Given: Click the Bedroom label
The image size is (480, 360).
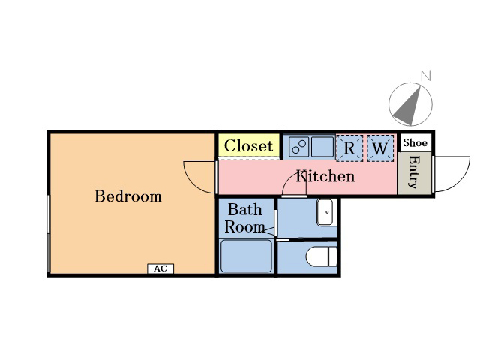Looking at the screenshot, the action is [x=128, y=196].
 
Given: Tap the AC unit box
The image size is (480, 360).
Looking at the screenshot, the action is [x=160, y=268].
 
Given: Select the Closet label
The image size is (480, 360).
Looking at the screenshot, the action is [x=248, y=145].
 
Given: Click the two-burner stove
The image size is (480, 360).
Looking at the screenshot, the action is [x=299, y=147].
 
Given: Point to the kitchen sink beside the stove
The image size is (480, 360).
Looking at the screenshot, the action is [x=322, y=147].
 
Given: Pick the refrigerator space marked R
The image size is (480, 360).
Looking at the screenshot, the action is [x=349, y=148].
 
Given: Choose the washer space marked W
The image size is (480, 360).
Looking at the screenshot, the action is [x=380, y=148].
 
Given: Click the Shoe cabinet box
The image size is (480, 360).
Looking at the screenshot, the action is [x=415, y=142].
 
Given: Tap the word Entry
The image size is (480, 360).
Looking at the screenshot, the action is [x=415, y=172].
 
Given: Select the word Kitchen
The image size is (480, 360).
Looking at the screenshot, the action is [x=325, y=177].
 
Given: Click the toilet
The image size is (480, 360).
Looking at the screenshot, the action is [x=322, y=256].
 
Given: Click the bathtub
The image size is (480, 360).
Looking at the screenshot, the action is [x=246, y=256].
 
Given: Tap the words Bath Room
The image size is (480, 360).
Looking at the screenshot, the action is [x=245, y=218].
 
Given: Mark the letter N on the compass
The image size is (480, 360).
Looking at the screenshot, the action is [x=426, y=76].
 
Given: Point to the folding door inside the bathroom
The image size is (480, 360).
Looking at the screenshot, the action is [x=268, y=232].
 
